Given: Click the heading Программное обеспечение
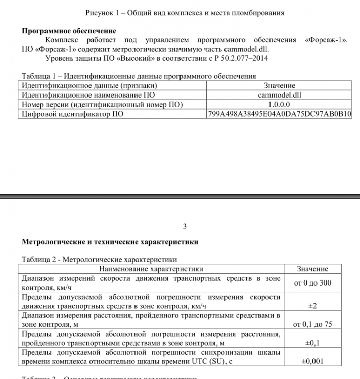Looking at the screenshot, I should [69, 31].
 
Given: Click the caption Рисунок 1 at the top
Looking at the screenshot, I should [185, 12].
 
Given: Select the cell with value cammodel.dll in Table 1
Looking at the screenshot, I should [279, 95].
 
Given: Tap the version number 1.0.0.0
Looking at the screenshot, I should [280, 104].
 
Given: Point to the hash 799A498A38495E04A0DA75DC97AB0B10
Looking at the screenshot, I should [280, 114].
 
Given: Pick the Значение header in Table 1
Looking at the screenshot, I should [280, 86].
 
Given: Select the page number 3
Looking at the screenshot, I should [185, 226].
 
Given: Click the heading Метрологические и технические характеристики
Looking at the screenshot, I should [110, 242].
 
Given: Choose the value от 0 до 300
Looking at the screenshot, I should [312, 283].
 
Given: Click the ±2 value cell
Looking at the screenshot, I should [312, 306].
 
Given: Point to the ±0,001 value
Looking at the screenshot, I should [312, 361].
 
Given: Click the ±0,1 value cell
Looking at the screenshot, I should [312, 343].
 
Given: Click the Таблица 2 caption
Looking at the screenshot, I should [99, 260].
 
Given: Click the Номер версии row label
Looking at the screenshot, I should [102, 104].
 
